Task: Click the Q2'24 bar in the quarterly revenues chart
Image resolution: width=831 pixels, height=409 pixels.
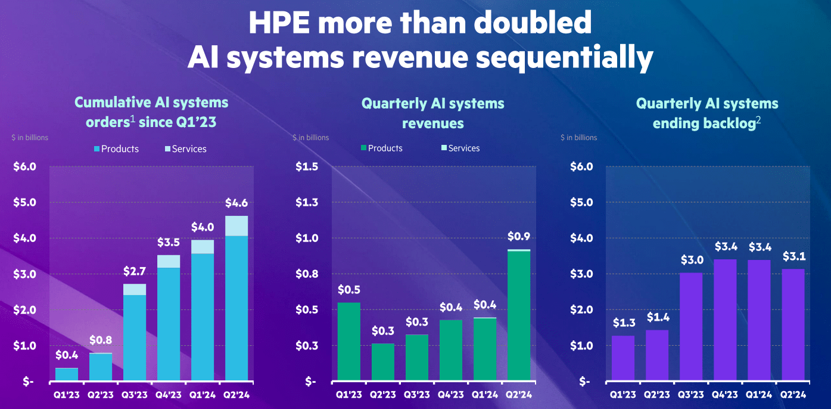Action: pos(518,316)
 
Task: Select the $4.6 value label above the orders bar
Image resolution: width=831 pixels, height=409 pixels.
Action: pos(236,203)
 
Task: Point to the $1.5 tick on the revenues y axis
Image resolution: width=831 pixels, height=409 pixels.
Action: pos(308,166)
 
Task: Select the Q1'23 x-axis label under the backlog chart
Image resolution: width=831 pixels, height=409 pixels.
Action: pos(622,395)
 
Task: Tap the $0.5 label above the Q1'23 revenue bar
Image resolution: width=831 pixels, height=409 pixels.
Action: pos(348,290)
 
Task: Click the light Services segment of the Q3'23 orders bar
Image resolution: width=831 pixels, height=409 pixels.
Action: pos(135,290)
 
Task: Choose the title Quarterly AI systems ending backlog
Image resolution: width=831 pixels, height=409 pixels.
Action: pos(707,113)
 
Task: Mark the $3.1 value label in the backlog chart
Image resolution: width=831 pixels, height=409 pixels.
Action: pos(793,257)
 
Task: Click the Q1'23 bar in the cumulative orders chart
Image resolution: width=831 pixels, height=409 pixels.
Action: pos(67,374)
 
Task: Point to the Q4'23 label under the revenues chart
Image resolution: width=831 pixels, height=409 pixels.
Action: pos(450,395)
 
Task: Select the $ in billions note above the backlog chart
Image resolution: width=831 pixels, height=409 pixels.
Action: pos(578,138)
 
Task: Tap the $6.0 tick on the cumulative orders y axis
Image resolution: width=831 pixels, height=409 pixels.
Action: pos(25,166)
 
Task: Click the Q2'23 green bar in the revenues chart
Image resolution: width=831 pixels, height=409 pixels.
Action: pos(382,362)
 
